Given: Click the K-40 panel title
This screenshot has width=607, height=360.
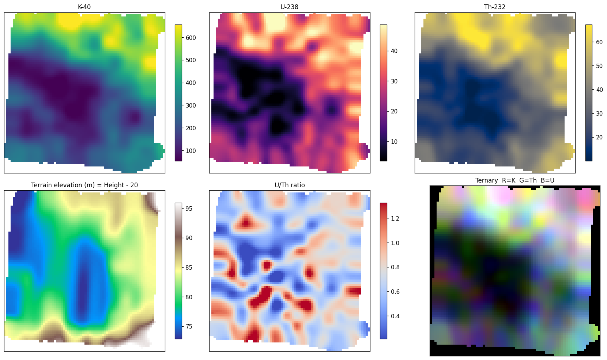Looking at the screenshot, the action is tap(84, 7).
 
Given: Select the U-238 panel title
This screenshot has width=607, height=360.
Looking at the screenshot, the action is tap(289, 7).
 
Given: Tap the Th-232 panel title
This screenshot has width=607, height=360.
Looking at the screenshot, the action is tap(495, 7).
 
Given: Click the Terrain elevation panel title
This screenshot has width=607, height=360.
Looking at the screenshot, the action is tap(84, 185).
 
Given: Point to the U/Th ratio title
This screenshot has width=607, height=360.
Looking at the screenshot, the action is tap(290, 185).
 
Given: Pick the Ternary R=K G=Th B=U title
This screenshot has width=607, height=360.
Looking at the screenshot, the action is tap(515, 180).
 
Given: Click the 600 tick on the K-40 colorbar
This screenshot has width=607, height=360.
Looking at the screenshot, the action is tap(191, 38).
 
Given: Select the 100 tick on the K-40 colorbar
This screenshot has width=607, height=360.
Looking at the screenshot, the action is tap(191, 151).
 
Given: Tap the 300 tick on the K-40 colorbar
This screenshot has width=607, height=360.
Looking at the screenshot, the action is tap(191, 106).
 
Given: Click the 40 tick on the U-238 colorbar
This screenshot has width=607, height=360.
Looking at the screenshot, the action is tap(394, 51).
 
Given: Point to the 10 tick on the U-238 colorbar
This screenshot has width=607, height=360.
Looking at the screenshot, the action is tap(394, 142).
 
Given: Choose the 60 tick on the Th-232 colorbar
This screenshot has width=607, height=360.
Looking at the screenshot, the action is tap(599, 42).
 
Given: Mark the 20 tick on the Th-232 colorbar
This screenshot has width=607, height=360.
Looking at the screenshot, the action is tap(599, 138).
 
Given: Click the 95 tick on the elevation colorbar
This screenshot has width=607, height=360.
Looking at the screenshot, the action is tap(189, 209).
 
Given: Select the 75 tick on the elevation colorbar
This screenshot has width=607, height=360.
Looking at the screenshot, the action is tap(189, 327).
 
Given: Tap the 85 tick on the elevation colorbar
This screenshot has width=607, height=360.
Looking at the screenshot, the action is tap(189, 267).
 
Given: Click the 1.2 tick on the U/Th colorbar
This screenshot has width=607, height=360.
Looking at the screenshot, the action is tap(395, 218).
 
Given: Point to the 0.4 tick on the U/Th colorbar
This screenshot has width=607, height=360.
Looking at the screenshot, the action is tap(395, 316).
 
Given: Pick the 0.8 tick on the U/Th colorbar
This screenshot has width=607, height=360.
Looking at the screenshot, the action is tap(395, 267).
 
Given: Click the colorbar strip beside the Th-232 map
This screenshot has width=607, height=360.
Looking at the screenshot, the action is tap(589, 93).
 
